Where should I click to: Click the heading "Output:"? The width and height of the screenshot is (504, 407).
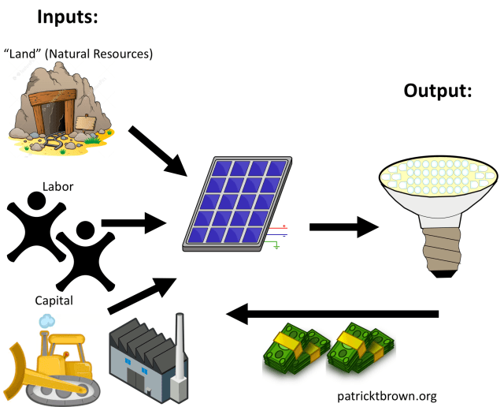tap(438, 91)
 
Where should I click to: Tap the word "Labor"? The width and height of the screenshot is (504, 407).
tap(57, 187)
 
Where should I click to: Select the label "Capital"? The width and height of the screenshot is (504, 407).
tap(54, 301)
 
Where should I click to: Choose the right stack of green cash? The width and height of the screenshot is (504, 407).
tap(361, 348)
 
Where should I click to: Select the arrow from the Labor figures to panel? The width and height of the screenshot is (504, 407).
tap(134, 223)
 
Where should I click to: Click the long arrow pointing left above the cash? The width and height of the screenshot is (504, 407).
tap(332, 315)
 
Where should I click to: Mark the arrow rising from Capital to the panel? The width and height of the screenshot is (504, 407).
tap(142, 294)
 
